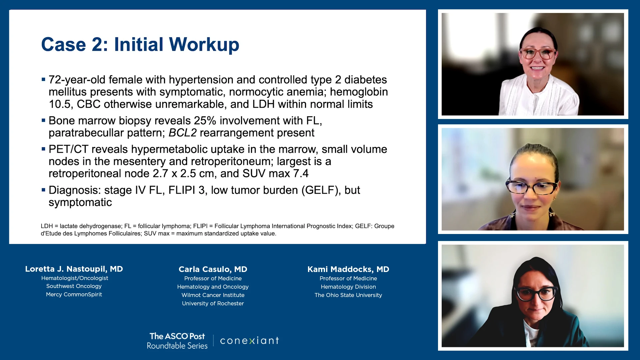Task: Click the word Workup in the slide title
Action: pos(204,45)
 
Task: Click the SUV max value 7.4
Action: pos(301,174)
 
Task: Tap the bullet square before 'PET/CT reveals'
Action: pos(43,149)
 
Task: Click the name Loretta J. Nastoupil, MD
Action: pos(74,269)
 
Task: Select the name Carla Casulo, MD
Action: pos(213,269)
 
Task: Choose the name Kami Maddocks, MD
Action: pos(348,269)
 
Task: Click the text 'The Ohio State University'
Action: pos(348,295)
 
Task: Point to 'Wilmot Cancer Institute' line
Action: pos(213,295)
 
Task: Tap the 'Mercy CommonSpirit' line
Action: pos(74,294)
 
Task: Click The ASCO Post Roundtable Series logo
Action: pos(177,341)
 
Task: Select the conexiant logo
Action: pos(249,341)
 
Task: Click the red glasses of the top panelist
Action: pos(538,53)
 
